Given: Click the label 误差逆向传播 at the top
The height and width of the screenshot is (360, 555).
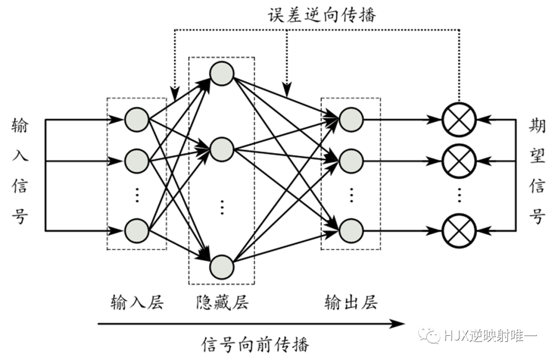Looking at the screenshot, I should coord(322,14).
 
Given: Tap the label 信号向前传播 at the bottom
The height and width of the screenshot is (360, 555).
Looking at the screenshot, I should coord(255,344).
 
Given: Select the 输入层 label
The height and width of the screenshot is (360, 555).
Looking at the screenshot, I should coord(137,302).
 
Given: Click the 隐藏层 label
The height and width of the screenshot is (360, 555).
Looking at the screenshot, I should coord(222,302).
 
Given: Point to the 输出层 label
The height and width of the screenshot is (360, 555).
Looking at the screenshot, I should coord(350,302).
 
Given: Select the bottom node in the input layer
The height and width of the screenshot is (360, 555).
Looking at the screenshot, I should coord(137,230).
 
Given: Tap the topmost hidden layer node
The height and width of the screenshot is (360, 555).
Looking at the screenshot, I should coord(222,73).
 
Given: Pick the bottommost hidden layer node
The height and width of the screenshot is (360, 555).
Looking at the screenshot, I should coord(222,266).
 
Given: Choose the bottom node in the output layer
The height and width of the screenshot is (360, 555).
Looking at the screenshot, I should coord(351,230).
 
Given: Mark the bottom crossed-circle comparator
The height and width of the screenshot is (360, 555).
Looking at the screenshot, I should coord(459,230).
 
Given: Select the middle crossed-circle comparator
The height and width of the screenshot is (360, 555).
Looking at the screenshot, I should coord(459,160).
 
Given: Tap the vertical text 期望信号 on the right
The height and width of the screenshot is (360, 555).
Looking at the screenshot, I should coord(537,171).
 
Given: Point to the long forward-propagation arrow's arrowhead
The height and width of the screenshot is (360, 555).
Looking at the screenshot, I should coord(398,323).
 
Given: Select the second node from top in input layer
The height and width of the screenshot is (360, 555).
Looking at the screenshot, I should coord(137,160).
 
